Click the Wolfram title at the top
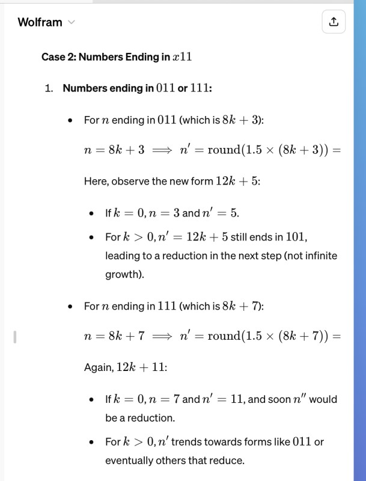tap(40, 22)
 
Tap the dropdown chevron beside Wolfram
tap(72, 23)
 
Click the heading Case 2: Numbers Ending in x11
tap(116, 57)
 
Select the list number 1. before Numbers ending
tap(49, 88)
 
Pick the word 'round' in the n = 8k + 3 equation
tap(223, 150)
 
